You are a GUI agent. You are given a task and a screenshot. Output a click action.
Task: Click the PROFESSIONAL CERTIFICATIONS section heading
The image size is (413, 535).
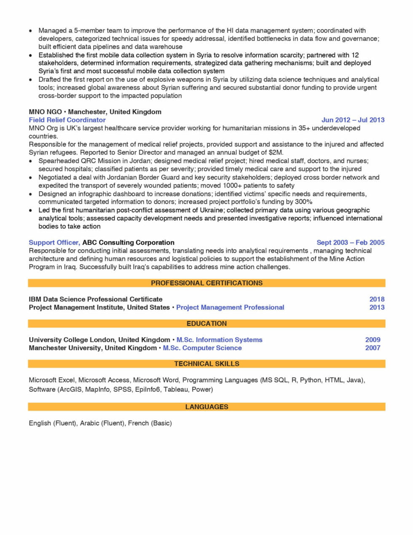(206, 283)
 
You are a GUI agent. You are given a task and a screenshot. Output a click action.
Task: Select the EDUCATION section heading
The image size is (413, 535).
(206, 324)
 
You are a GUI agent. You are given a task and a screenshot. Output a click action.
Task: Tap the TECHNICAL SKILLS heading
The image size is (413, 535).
(206, 364)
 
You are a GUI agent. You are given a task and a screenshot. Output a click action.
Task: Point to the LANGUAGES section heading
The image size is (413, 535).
(206, 407)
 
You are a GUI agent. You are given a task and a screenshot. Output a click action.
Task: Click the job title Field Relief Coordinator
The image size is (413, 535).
(67, 120)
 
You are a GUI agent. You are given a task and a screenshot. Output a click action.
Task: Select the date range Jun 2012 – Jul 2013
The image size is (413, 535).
(353, 120)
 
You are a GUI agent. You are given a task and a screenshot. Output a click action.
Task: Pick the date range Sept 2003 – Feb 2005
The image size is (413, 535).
(350, 243)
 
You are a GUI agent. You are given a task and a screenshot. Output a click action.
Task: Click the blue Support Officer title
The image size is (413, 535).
(54, 243)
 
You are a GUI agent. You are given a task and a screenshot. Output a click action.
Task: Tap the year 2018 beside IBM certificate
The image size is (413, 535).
(377, 299)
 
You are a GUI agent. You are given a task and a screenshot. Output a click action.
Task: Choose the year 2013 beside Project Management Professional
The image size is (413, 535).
(377, 308)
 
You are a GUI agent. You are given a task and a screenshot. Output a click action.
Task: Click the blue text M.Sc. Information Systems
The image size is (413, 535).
(219, 340)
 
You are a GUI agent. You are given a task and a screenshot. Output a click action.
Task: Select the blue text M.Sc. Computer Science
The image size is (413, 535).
(202, 348)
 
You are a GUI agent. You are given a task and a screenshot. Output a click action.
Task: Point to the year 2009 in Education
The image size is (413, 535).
(373, 340)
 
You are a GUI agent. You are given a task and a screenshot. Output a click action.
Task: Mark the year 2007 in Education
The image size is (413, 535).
(373, 348)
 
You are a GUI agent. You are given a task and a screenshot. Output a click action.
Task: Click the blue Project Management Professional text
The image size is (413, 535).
(230, 308)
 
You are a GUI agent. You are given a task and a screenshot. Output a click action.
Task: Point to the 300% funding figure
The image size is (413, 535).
(303, 202)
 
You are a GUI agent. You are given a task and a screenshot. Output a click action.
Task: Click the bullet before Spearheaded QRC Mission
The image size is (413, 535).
(31, 161)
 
